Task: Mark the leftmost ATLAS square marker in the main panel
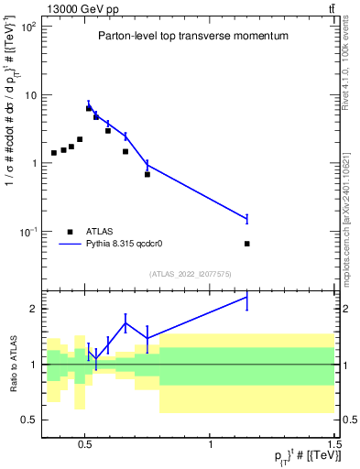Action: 54,153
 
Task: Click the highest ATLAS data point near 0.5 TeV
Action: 89,108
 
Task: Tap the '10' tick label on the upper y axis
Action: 31,95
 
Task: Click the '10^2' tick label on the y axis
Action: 29,27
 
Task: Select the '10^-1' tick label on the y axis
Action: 28,232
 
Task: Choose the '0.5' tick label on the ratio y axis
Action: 30,420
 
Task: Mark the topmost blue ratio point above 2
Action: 247,297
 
